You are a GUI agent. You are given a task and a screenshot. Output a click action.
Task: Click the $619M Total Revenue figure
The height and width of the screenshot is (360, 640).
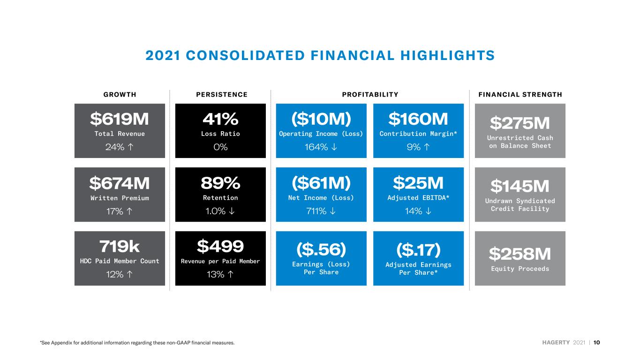pyautogui.click(x=120, y=119)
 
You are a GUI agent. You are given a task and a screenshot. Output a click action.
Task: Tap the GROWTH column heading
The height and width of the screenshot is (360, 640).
pyautogui.click(x=120, y=95)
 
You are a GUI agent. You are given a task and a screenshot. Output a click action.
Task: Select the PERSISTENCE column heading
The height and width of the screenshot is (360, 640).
pyautogui.click(x=222, y=95)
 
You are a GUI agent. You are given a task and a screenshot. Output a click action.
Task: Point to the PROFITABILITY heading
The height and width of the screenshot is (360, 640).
pyautogui.click(x=370, y=95)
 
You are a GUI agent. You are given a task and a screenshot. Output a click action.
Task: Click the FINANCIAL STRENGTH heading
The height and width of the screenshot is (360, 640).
pyautogui.click(x=520, y=95)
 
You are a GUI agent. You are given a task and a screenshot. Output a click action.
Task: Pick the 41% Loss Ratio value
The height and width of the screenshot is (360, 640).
pyautogui.click(x=220, y=119)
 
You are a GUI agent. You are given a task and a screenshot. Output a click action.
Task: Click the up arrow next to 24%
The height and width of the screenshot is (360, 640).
pyautogui.click(x=130, y=147)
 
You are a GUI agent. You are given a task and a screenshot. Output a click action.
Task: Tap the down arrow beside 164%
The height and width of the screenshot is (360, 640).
pyautogui.click(x=334, y=147)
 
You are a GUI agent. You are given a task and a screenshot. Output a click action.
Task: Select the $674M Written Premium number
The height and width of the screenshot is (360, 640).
pyautogui.click(x=120, y=183)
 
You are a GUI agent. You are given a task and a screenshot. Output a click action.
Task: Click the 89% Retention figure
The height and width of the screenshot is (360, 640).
pyautogui.click(x=220, y=183)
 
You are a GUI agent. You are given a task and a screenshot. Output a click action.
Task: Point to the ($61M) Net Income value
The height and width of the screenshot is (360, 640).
pyautogui.click(x=321, y=183)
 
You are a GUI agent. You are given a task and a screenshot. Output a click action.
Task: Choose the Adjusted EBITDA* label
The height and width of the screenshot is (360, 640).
pyautogui.click(x=418, y=198)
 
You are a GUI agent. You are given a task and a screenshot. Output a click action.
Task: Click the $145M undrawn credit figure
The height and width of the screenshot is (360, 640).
pyautogui.click(x=520, y=186)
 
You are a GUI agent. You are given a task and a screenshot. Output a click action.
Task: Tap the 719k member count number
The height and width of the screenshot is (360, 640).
pyautogui.click(x=120, y=246)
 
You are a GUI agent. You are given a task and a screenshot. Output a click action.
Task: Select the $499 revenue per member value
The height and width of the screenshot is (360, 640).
pyautogui.click(x=220, y=246)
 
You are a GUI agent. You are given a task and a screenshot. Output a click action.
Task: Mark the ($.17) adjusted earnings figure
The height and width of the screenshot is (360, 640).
pyautogui.click(x=418, y=250)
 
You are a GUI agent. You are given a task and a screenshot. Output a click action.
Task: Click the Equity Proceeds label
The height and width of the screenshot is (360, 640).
pyautogui.click(x=520, y=269)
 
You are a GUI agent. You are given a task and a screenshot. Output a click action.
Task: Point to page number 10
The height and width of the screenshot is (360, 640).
pyautogui.click(x=596, y=343)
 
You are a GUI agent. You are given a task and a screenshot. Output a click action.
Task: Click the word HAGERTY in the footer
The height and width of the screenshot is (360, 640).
pyautogui.click(x=556, y=343)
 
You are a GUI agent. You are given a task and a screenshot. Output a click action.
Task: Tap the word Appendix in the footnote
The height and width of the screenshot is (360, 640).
pyautogui.click(x=61, y=343)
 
